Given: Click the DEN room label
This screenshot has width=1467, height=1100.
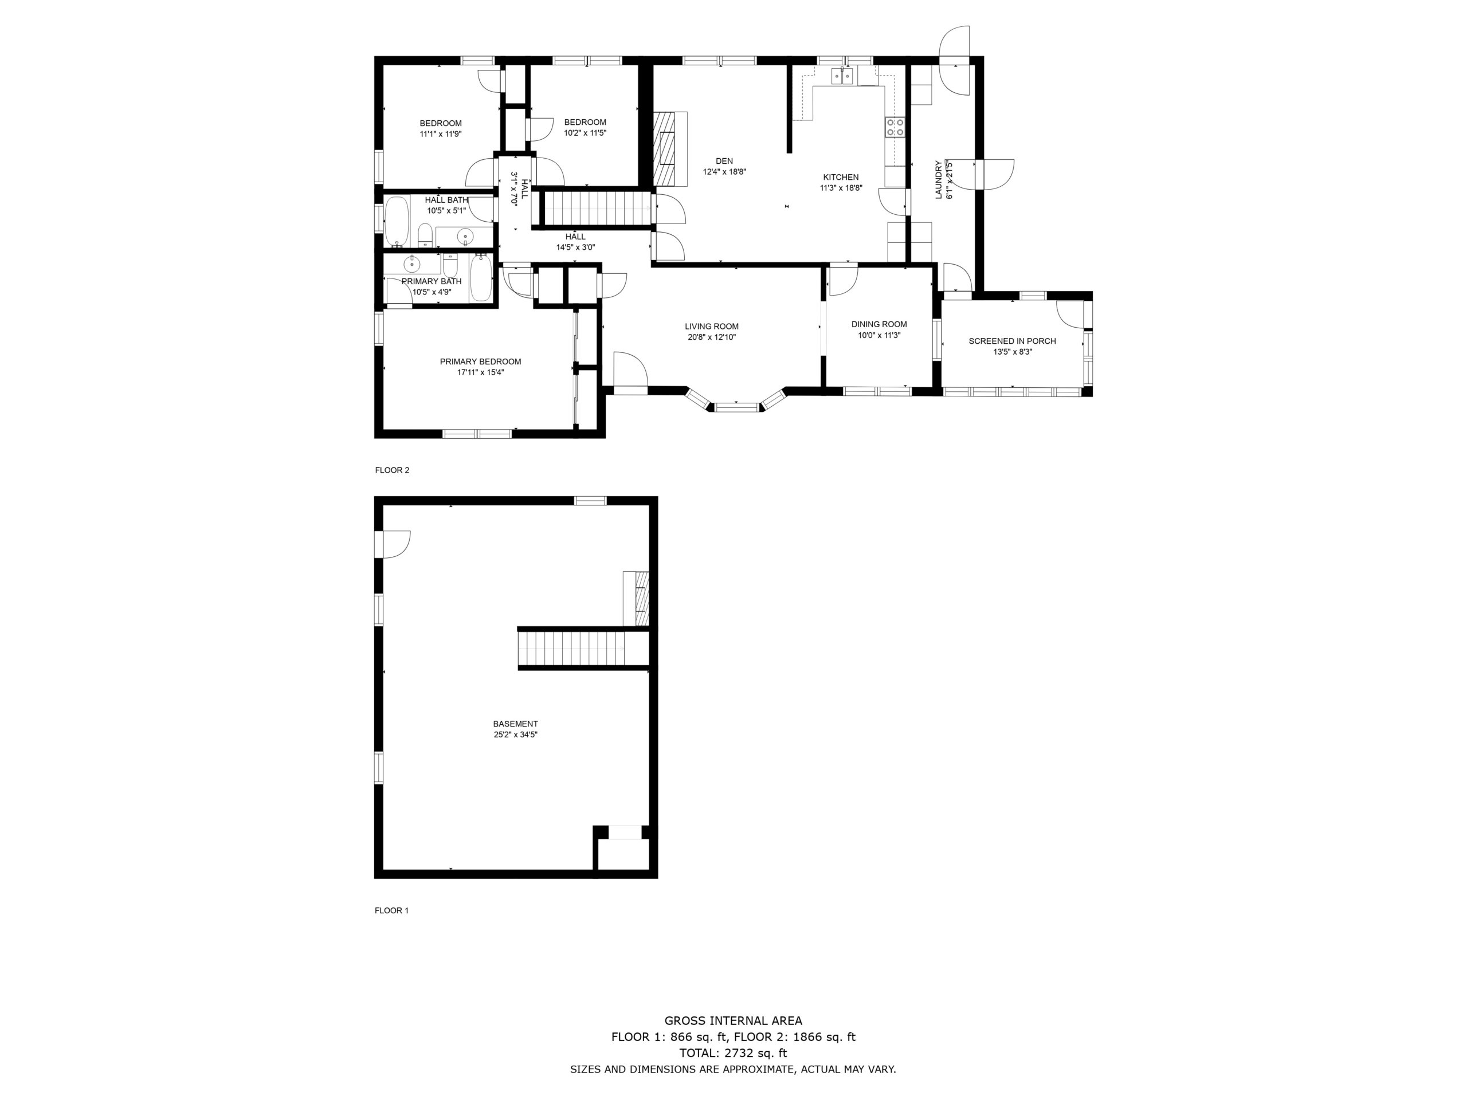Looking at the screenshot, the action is [x=724, y=161].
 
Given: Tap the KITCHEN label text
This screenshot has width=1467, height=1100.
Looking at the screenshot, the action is [x=841, y=177].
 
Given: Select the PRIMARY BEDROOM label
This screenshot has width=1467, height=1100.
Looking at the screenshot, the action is [x=480, y=362].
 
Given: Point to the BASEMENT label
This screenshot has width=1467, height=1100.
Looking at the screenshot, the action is [x=515, y=724].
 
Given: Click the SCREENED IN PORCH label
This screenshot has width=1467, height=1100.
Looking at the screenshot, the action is [x=1012, y=341].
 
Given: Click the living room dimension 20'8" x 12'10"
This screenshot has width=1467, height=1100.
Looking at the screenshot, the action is [x=712, y=337].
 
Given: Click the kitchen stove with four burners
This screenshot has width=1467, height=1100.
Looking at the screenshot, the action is [x=895, y=127].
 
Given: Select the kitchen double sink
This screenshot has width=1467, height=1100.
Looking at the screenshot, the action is [x=843, y=76].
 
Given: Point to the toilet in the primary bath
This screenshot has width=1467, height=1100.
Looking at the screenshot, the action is [x=451, y=266].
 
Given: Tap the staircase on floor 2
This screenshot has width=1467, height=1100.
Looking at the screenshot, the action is [x=595, y=208].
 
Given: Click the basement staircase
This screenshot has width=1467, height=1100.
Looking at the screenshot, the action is [x=572, y=649].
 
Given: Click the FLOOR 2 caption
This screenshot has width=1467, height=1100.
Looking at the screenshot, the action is [x=392, y=470].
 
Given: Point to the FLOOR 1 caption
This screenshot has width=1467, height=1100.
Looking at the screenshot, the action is [x=391, y=910].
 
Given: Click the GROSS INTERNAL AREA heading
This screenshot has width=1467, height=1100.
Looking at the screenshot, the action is [x=733, y=1021].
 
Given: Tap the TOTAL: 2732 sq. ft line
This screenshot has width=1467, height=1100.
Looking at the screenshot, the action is [x=733, y=1053].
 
